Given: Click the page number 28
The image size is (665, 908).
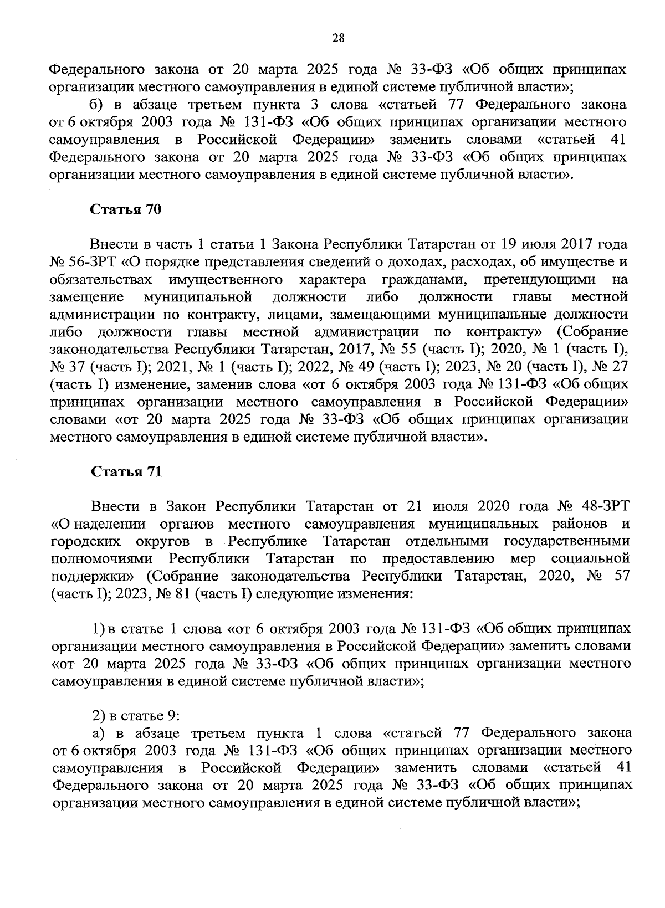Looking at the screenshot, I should pos(337,38).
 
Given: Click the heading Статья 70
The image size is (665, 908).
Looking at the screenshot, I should pos(126,210).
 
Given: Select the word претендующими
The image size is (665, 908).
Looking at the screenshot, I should pos(540,279).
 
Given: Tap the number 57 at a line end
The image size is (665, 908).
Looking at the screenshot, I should pos(621,577).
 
